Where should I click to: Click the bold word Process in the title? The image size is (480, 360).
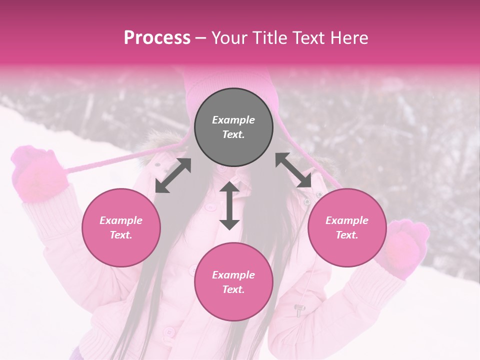pyautogui.click(x=157, y=38)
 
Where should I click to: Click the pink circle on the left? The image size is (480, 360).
pyautogui.click(x=121, y=227)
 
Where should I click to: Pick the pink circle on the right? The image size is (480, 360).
pyautogui.click(x=347, y=227)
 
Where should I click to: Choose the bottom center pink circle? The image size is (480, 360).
pyautogui.click(x=233, y=281)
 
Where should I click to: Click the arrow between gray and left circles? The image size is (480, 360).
pyautogui.click(x=173, y=175)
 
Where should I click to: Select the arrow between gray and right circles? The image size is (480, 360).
pyautogui.click(x=293, y=170)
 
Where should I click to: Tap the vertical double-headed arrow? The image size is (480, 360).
pyautogui.click(x=229, y=205)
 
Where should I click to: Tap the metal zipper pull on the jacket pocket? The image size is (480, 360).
pyautogui.click(x=299, y=309)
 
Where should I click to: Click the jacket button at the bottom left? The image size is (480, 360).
pyautogui.click(x=170, y=331)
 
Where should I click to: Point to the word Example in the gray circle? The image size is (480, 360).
pyautogui.click(x=233, y=120)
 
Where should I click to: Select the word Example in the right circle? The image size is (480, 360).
pyautogui.click(x=347, y=220)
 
